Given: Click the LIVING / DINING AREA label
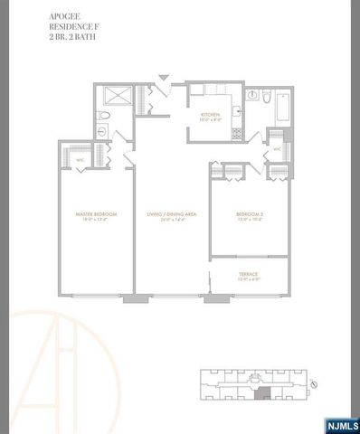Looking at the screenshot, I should tap(172, 213).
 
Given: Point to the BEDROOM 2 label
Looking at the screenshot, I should tap(249, 213).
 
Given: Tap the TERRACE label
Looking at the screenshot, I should tap(249, 273).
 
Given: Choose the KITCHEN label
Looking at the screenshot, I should tap(212, 115).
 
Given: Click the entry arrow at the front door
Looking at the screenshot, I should tap(162, 79).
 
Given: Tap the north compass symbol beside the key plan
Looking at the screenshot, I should tap(312, 385).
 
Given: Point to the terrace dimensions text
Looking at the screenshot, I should tap(249, 279).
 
